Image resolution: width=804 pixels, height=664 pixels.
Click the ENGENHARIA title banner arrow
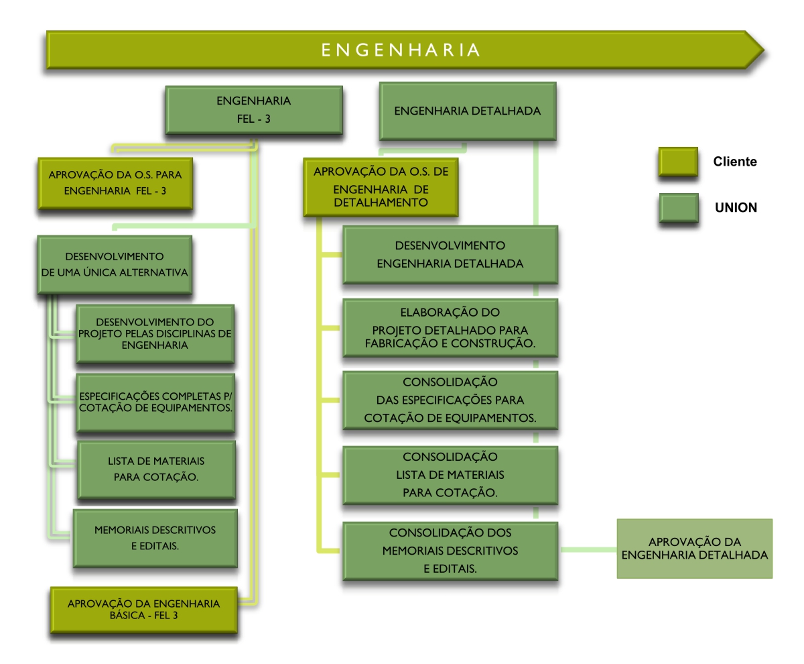point(402,50)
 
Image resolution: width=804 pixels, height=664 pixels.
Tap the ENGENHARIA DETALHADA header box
point(468,111)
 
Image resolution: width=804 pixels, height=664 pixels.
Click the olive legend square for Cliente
point(677,162)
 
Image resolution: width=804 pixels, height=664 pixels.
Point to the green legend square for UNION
point(677,207)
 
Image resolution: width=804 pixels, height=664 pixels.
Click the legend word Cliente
point(735,162)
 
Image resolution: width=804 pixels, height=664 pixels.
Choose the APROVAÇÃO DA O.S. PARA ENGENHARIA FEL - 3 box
point(116,182)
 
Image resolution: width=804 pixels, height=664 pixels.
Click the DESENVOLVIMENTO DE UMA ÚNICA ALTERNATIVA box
point(115,264)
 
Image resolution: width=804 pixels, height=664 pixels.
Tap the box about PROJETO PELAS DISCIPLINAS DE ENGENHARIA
point(155,333)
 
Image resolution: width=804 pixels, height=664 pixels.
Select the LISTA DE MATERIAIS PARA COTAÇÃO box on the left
point(155,469)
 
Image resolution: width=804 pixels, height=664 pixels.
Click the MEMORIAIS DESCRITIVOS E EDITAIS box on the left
point(155,537)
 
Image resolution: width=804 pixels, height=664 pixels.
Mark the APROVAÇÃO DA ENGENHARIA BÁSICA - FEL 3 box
point(143,609)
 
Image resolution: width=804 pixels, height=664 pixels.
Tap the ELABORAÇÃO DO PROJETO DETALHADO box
point(450,329)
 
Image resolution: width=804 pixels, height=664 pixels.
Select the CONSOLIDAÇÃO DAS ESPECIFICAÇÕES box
point(450,400)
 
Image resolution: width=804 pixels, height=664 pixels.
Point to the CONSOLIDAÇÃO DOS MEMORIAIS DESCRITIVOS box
point(450,551)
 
